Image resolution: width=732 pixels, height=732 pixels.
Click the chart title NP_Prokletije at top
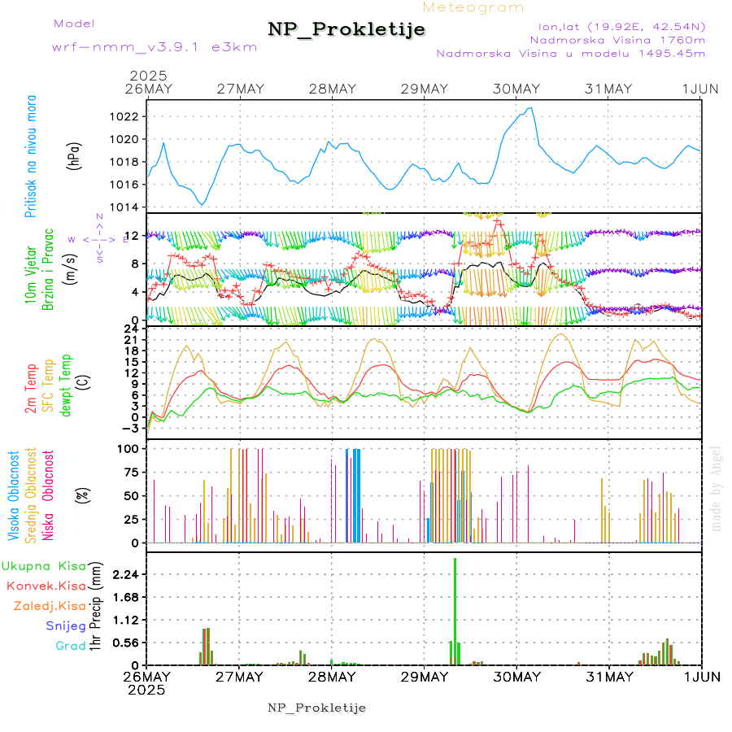pos(346,30)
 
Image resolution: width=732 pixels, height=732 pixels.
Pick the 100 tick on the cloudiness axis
pos(131,448)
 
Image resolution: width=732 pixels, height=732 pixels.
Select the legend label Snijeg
pos(65,625)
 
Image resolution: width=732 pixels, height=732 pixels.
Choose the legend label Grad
pos(70,646)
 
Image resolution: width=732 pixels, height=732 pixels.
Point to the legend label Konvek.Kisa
pos(46,586)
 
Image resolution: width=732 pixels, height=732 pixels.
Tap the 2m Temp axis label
pos(31,389)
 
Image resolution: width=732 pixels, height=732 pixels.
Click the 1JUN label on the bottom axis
pos(701,676)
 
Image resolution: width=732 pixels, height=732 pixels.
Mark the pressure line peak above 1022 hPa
pos(531,107)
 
